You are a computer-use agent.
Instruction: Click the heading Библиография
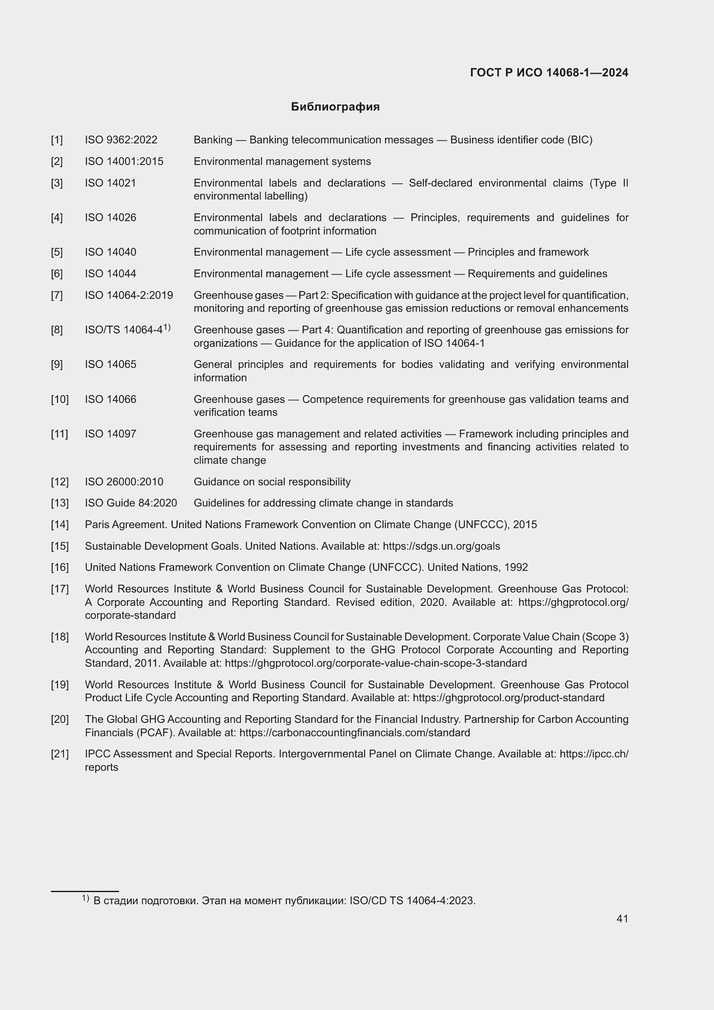[x=335, y=107]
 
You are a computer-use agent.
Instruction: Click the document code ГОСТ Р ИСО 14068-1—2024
[x=549, y=73]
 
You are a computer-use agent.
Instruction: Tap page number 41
[x=622, y=918]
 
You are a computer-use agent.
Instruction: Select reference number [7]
[x=57, y=295]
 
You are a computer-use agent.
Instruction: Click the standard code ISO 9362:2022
[x=121, y=140]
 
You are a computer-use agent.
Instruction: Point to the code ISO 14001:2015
[x=124, y=161]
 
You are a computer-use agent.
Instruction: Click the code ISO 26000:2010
[x=124, y=482]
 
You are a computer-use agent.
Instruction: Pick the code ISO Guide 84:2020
[x=130, y=503]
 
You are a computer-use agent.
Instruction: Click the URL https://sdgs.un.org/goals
[x=441, y=546]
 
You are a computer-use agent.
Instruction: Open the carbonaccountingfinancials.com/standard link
[x=354, y=732]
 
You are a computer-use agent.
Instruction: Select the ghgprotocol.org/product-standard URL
[x=508, y=698]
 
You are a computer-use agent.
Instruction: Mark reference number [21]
[x=60, y=754]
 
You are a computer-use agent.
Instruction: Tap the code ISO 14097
[x=111, y=434]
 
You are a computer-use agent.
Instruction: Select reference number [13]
[x=60, y=503]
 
